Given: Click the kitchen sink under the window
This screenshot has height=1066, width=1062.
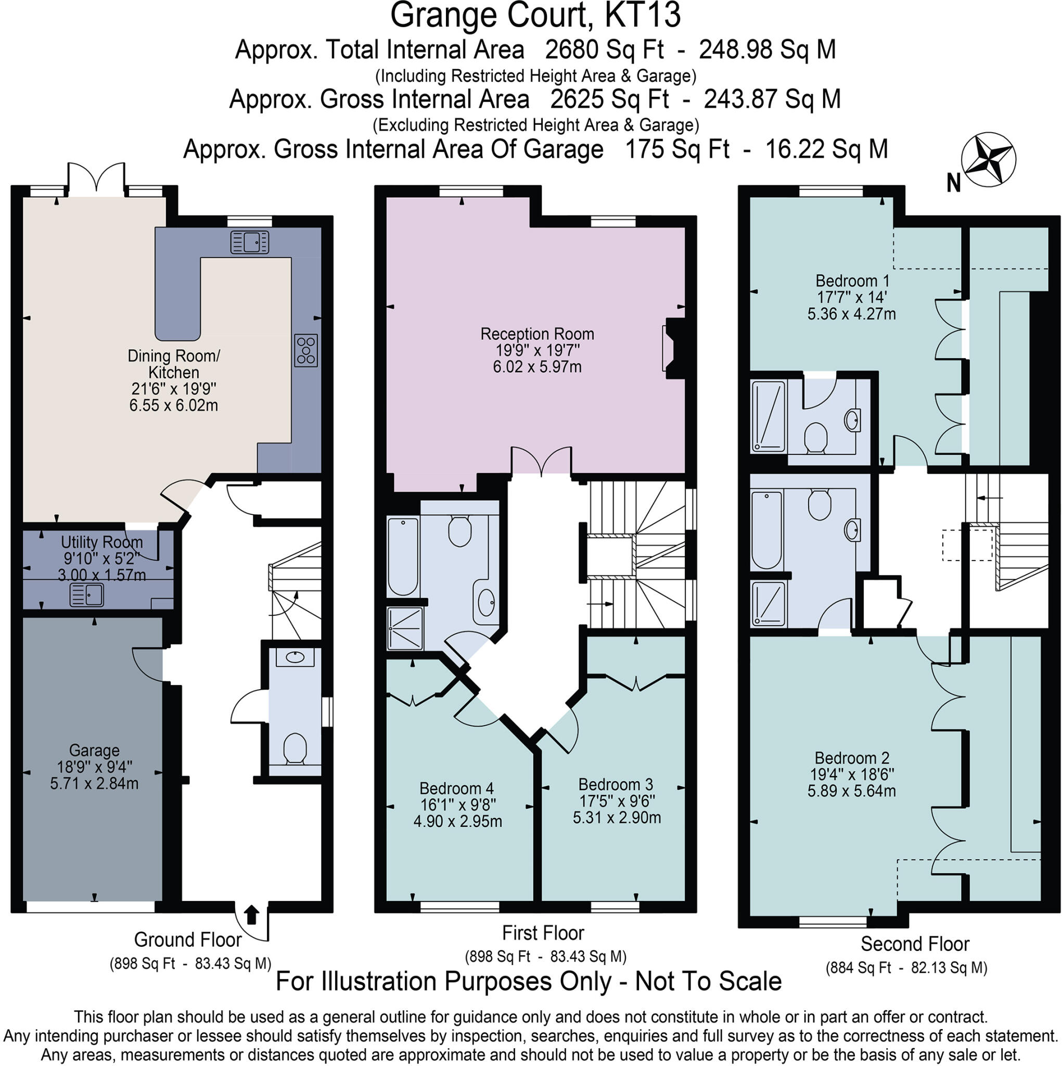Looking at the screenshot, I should pos(249,242).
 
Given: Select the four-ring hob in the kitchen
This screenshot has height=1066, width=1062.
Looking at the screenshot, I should pos(306,350).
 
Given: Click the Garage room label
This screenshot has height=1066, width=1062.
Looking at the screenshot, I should pos(94,751).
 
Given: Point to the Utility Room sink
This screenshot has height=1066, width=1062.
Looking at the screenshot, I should pos(86,595).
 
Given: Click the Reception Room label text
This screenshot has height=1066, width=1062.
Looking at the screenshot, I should pos(537,334).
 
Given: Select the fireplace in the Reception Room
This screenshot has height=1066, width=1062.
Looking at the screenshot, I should pos(674,348).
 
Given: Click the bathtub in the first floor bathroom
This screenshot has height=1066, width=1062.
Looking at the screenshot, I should pos(403,557).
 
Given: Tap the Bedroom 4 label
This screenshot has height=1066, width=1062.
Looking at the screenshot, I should pos(457,789).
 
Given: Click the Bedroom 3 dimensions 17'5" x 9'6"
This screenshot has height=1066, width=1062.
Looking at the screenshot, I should pos(617,801).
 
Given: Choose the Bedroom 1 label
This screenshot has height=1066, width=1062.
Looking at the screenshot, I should pos(852,281).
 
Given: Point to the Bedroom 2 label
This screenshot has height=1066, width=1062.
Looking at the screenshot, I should pos(852,758).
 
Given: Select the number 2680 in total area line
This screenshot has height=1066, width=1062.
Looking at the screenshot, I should pos(570,50).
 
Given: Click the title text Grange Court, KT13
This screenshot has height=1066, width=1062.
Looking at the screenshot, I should pos(535,16).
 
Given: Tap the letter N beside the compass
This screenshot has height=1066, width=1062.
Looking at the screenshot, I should pos(954,183).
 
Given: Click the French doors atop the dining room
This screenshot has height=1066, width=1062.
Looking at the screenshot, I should pos(96,177).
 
